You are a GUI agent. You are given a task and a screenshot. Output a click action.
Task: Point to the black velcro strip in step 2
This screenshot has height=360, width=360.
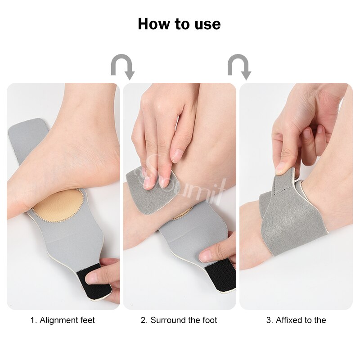click(220, 277)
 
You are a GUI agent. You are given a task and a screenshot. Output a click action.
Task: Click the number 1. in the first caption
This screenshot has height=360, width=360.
click(34, 320)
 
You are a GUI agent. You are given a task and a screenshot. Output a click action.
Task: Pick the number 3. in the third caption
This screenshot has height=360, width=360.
click(270, 320)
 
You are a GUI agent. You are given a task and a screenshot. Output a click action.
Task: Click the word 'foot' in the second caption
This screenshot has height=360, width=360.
click(210, 320)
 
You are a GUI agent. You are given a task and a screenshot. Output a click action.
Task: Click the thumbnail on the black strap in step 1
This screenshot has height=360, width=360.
click(91, 278)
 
